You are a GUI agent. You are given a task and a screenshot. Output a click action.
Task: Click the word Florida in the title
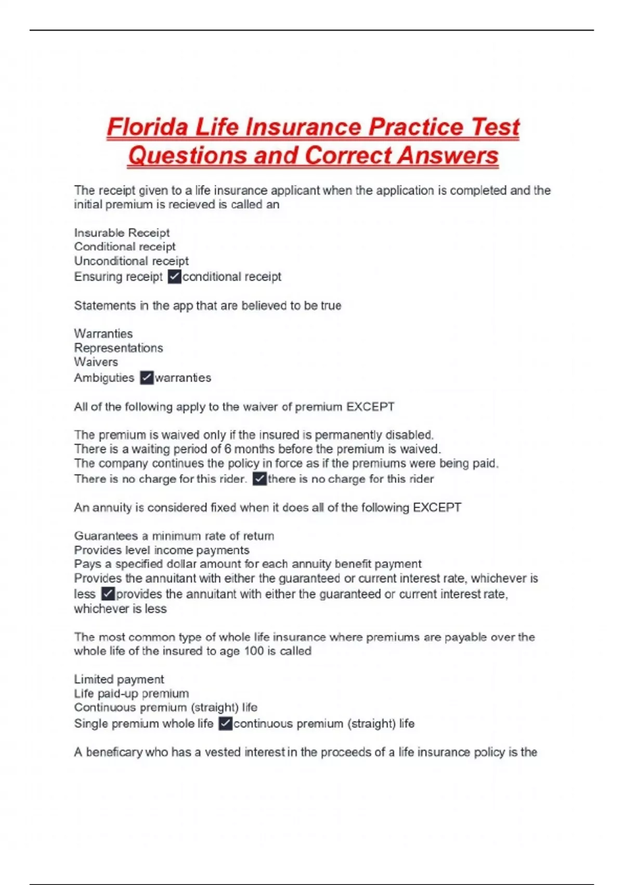(147, 127)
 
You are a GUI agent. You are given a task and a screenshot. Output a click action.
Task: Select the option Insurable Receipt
(122, 233)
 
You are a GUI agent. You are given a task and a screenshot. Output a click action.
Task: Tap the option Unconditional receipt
(131, 261)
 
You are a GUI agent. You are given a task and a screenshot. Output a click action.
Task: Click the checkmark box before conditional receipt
(174, 276)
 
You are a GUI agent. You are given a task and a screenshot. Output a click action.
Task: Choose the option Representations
(118, 348)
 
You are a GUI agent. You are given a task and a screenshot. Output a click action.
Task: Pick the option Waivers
(96, 362)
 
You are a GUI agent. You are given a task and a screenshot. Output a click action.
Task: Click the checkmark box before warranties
(147, 377)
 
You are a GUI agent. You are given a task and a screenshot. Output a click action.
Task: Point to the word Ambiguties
(104, 378)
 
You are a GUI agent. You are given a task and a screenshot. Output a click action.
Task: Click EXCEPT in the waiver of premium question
(370, 407)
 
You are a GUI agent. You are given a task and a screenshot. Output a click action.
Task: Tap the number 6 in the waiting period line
(228, 449)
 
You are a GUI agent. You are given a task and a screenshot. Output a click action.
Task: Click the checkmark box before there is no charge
(259, 479)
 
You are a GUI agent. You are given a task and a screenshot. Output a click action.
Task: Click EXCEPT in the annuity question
(437, 508)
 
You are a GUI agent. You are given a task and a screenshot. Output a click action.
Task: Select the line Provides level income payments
(161, 550)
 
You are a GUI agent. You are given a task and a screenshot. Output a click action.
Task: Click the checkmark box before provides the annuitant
(108, 594)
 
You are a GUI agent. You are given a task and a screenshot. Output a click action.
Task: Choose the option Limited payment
(119, 679)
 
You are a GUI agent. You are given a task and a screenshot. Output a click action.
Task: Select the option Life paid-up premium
(131, 693)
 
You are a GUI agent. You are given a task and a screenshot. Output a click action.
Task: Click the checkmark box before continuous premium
(225, 724)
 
